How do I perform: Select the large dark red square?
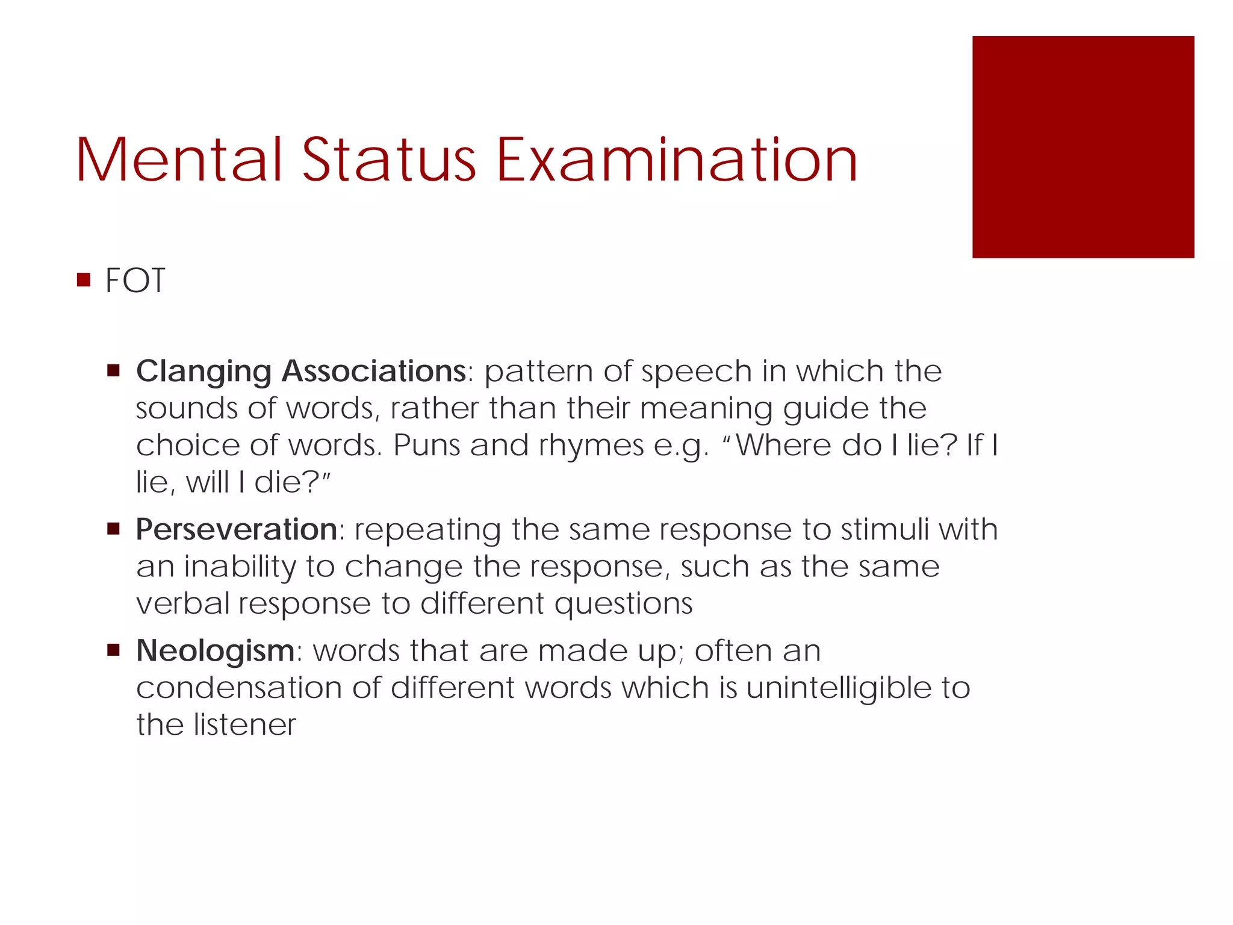pos(1082,147)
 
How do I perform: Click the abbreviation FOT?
pos(135,281)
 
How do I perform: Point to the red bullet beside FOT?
pos(84,280)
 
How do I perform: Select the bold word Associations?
pos(373,371)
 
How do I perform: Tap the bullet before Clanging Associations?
pos(113,370)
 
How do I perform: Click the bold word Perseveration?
pos(236,529)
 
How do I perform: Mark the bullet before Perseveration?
pos(113,529)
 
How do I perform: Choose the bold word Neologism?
pos(215,650)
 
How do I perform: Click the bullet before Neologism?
pos(113,650)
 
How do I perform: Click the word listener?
pos(244,724)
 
